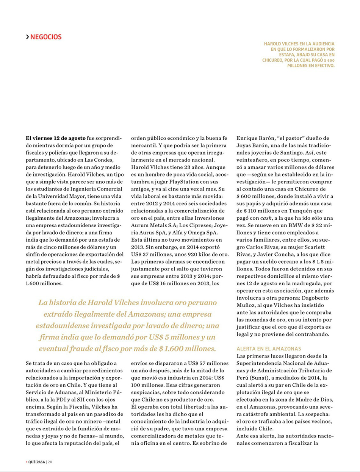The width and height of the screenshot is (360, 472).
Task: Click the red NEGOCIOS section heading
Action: point(46,37)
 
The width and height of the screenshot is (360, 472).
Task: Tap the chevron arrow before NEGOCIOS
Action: point(28,37)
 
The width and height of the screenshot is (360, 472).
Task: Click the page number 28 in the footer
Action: point(50,462)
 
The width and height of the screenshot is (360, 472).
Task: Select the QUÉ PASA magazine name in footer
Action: point(36,462)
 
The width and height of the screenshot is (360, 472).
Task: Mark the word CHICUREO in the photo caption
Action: point(275,60)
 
